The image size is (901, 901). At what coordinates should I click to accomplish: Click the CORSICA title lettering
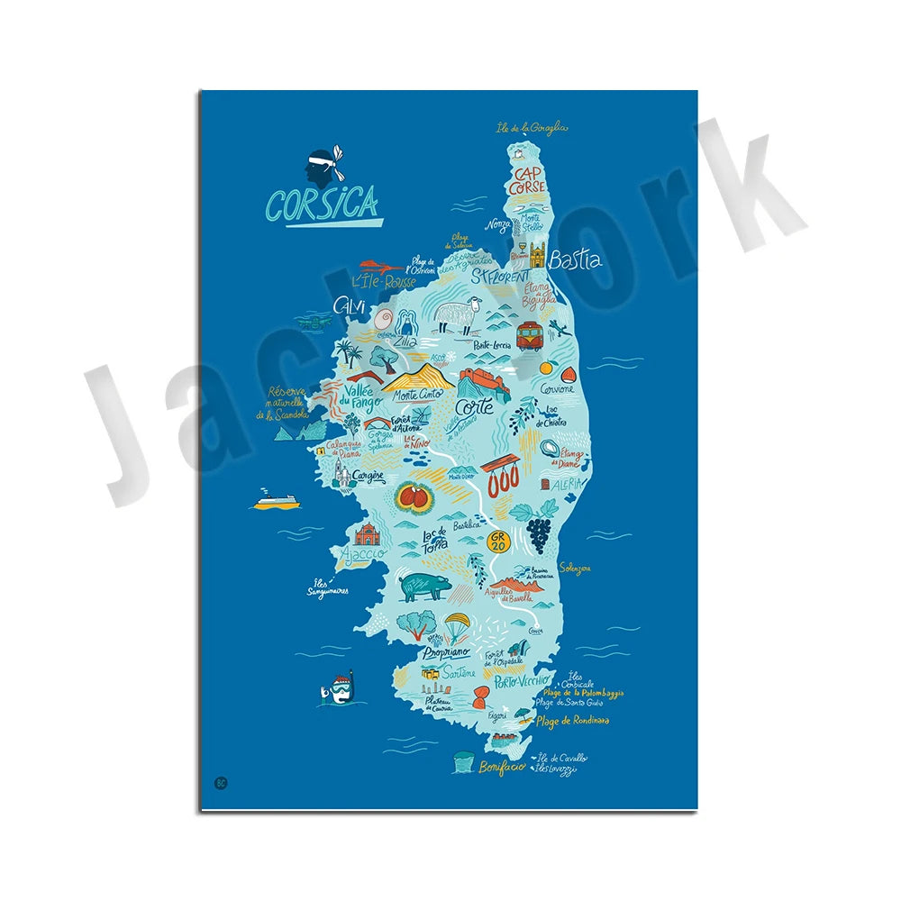pos(322,203)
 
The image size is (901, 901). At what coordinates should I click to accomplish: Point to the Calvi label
pos(350,307)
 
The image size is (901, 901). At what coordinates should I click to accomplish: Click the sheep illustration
pos(457,316)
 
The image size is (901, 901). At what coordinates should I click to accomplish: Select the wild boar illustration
pos(422,587)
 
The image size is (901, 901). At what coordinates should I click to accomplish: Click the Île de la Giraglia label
pos(532,128)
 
